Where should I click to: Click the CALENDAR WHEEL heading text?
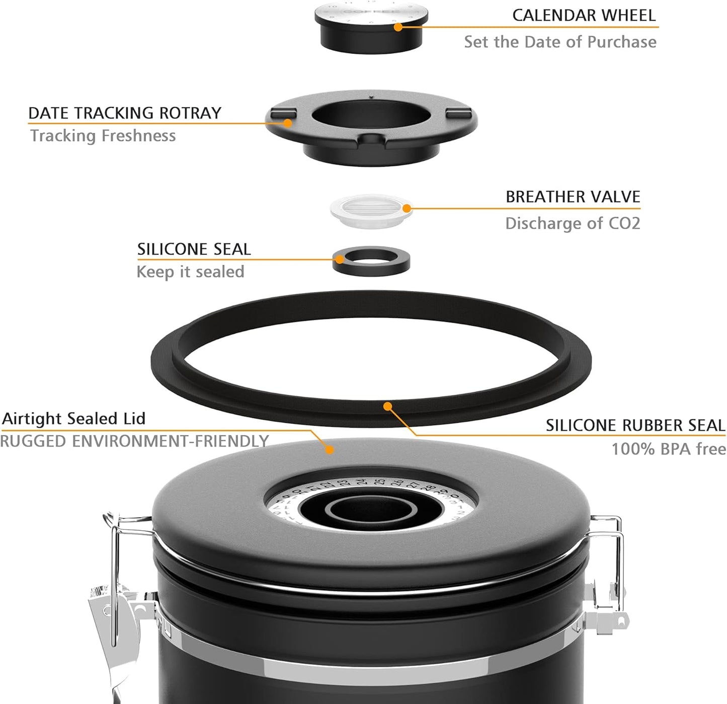[584, 15]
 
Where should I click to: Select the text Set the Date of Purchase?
[560, 42]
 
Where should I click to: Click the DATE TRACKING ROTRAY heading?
[125, 113]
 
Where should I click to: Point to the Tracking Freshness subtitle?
[103, 135]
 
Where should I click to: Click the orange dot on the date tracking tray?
[288, 122]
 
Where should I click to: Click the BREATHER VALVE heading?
[573, 196]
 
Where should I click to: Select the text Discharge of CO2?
[573, 223]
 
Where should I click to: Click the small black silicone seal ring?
[371, 261]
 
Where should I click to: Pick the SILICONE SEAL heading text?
[194, 249]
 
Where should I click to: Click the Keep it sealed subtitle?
[190, 272]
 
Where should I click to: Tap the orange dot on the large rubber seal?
[387, 406]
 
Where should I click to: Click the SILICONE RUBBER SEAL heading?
[635, 426]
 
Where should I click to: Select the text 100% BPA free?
[668, 449]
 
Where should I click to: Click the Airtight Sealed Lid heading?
[74, 418]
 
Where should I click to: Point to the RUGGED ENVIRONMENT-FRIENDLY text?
[134, 441]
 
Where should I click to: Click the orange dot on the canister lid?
[330, 449]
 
